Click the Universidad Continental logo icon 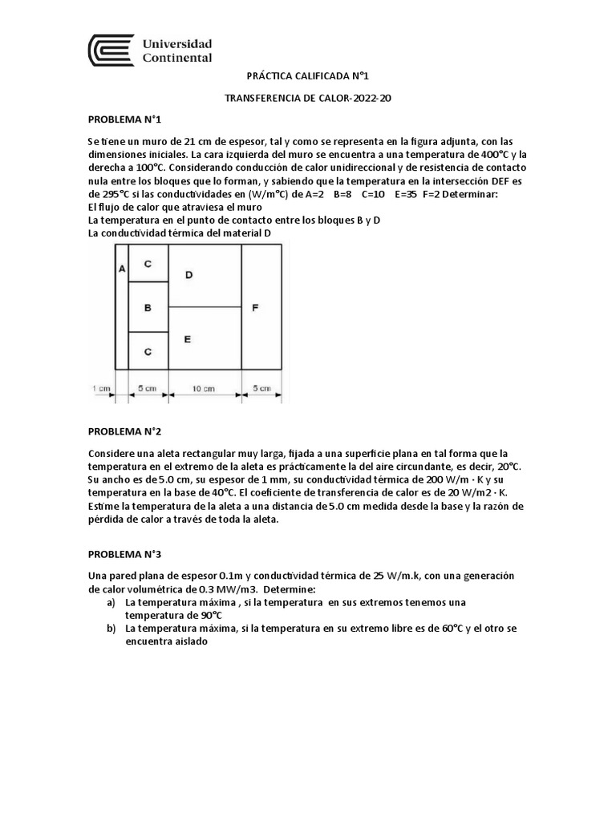(111, 50)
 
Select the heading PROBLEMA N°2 (124, 431)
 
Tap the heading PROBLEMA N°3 (124, 554)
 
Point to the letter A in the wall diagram (121, 269)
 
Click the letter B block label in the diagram (148, 307)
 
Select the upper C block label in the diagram (148, 264)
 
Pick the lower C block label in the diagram (148, 351)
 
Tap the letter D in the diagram (188, 275)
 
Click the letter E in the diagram (187, 339)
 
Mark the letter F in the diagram (255, 307)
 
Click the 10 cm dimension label (205, 390)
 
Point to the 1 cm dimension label (100, 389)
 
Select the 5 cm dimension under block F (261, 390)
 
